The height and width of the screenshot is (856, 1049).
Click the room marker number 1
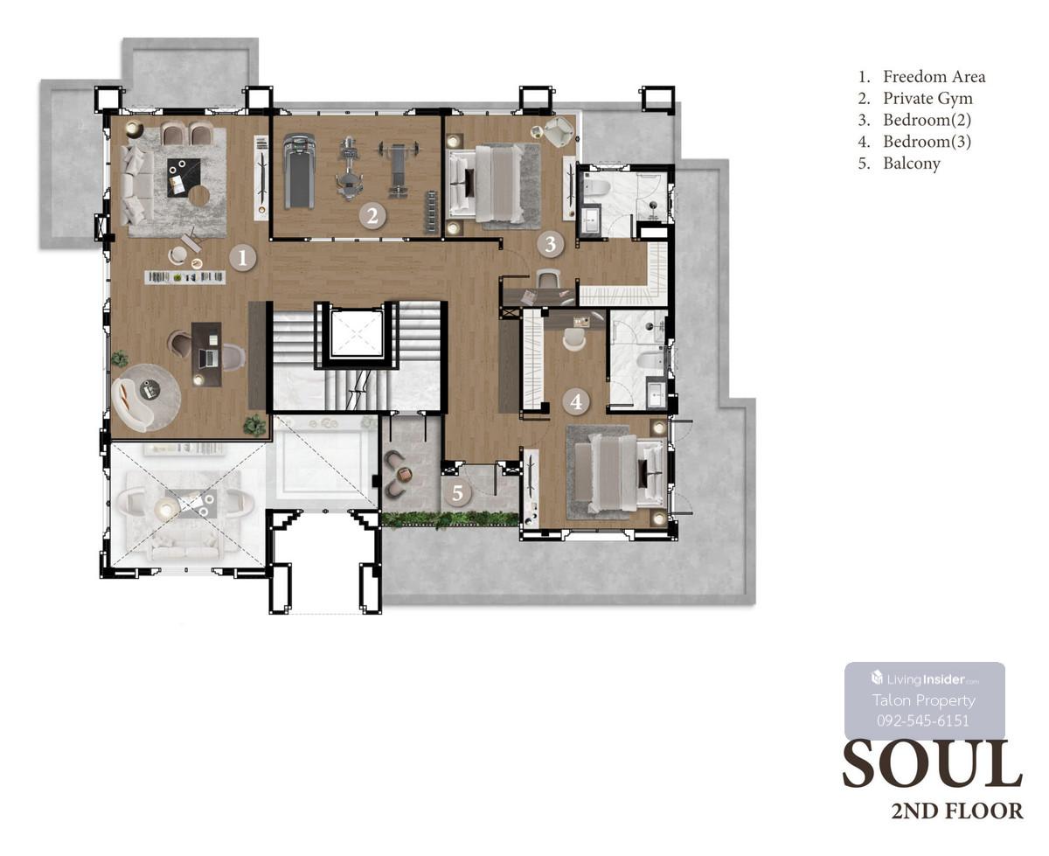[x=242, y=258]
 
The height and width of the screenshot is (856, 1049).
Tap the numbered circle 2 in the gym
[x=372, y=215]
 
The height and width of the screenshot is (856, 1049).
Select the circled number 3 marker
[x=550, y=244]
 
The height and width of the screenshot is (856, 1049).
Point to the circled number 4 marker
[x=576, y=401]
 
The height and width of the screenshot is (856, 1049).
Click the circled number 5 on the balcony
[x=457, y=492]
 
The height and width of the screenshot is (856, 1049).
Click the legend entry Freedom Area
[x=934, y=77]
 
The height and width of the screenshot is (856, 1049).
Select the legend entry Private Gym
[x=927, y=99]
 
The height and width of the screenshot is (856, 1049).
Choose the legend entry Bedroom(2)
[x=927, y=120]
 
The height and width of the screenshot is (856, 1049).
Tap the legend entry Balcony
[x=911, y=164]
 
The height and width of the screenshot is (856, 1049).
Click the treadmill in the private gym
[x=299, y=171]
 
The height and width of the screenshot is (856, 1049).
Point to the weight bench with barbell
[x=398, y=169]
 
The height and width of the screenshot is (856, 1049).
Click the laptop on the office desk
[x=208, y=357]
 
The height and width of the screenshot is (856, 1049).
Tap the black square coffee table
[x=184, y=177]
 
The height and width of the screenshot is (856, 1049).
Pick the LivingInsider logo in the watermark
[x=925, y=679]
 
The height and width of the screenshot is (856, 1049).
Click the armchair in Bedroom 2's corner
[x=558, y=131]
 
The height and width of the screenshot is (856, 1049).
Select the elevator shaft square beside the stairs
[x=356, y=333]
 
